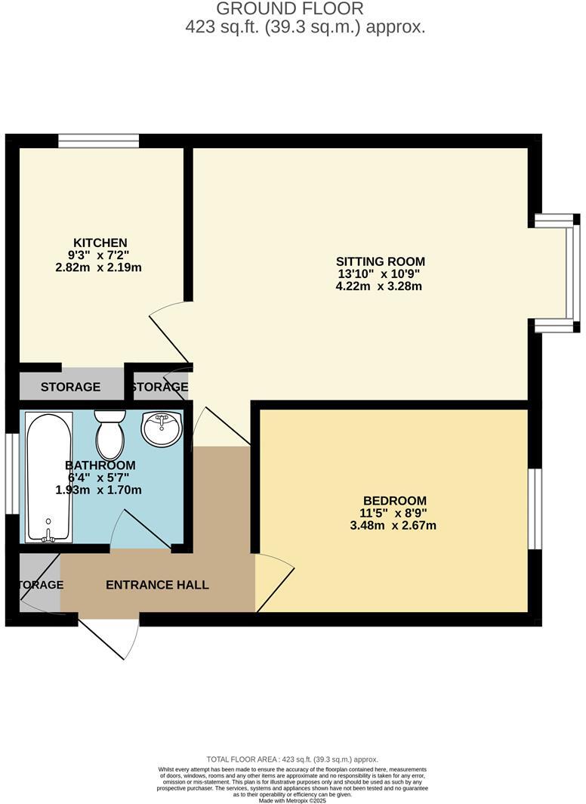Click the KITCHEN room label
[99, 243]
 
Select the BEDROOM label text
[394, 500]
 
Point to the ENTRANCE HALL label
[157, 585]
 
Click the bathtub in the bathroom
[49, 477]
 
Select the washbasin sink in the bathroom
[162, 428]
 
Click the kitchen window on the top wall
[99, 141]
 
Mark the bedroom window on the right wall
[535, 509]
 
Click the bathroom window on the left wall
[11, 473]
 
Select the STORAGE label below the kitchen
[70, 387]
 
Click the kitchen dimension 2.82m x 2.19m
[99, 267]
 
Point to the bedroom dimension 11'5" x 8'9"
[394, 513]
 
